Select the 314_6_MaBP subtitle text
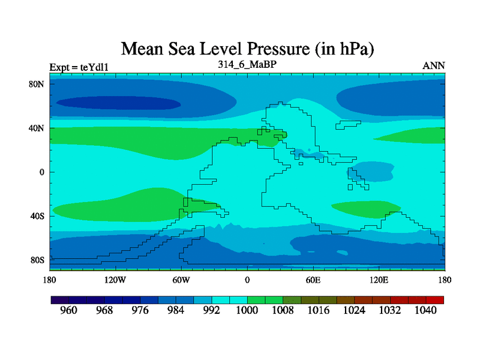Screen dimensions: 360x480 (x=247, y=64)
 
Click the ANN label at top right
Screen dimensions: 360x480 (x=434, y=65)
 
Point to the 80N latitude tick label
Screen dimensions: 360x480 (x=38, y=84)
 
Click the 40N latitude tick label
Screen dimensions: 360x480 (x=38, y=128)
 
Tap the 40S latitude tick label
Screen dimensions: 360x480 (x=38, y=216)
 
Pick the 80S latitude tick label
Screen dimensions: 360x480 (x=38, y=260)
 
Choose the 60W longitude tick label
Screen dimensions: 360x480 (x=181, y=280)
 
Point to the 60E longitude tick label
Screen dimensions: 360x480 (x=313, y=280)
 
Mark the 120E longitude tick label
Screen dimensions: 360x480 (x=379, y=280)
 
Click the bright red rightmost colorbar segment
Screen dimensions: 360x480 (x=435, y=299)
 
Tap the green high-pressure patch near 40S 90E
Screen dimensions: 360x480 (x=351, y=208)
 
